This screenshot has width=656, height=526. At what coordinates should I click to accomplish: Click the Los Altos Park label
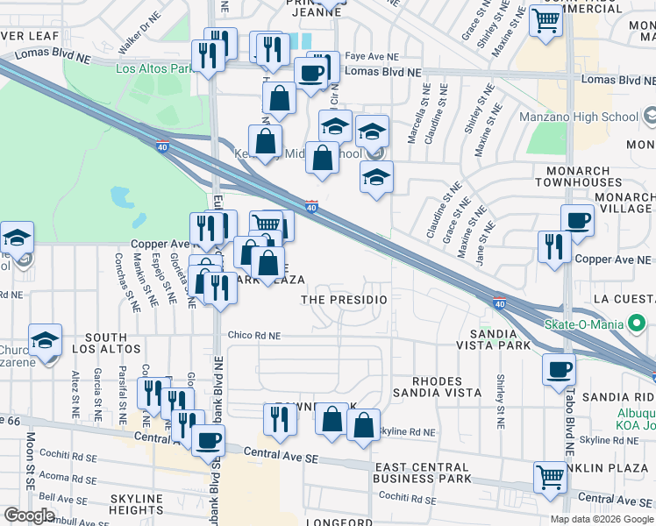(x=154, y=68)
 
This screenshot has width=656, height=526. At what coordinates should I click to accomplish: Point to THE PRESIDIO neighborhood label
(x=344, y=300)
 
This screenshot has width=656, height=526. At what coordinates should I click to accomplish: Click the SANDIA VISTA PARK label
(x=500, y=340)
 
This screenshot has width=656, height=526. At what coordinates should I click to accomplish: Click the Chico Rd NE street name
(x=253, y=335)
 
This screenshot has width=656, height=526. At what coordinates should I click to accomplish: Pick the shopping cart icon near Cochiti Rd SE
(x=550, y=477)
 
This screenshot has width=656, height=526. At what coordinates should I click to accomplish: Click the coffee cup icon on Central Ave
(x=208, y=440)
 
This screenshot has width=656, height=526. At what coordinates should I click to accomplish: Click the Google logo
(x=29, y=515)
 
